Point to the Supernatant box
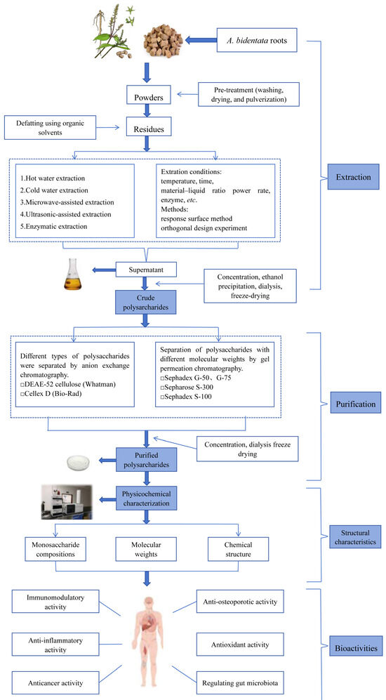146,270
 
